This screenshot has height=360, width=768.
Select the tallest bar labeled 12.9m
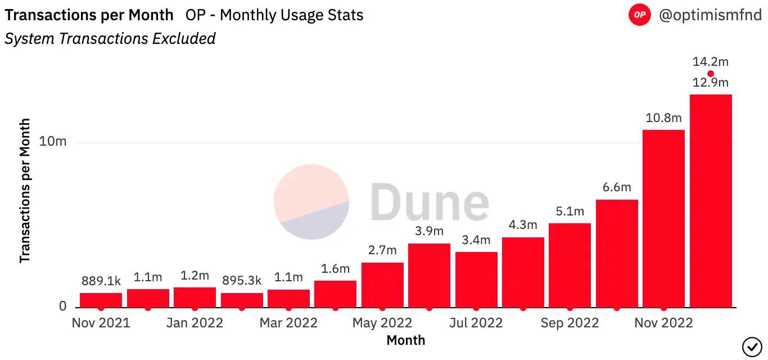click(x=711, y=201)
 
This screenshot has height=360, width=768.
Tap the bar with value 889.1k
click(x=101, y=300)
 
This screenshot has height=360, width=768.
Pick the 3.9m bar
click(x=429, y=275)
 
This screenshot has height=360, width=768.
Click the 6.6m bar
click(x=617, y=253)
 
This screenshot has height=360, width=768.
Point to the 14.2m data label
click(x=711, y=62)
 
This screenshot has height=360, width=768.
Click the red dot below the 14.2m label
click(x=711, y=74)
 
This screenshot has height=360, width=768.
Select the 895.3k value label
click(x=242, y=281)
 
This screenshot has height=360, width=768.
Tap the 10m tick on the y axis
click(x=53, y=142)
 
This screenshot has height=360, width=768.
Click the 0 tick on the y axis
click(x=62, y=307)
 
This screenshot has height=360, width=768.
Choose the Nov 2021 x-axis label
click(x=101, y=323)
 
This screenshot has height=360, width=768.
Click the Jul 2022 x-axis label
click(x=476, y=323)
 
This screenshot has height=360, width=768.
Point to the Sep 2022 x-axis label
click(x=570, y=323)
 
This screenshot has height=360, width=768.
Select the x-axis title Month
click(x=406, y=340)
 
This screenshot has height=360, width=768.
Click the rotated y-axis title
click(x=25, y=191)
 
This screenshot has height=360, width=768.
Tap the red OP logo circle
click(x=639, y=15)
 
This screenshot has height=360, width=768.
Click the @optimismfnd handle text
click(x=710, y=15)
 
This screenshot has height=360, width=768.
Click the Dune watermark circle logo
click(x=311, y=201)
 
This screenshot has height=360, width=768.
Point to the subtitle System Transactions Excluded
click(x=110, y=38)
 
